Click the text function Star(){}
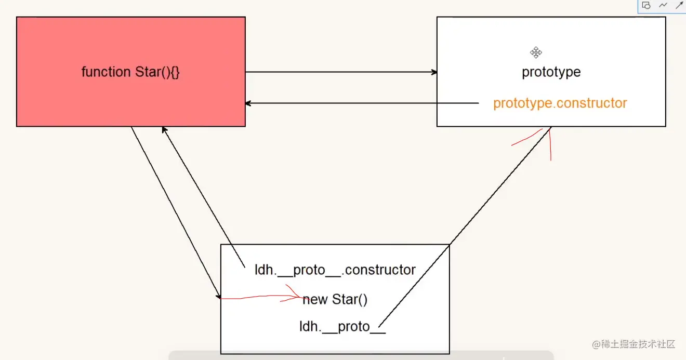(130, 72)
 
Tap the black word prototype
(551, 72)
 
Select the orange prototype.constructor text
(560, 103)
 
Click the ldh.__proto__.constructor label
(335, 270)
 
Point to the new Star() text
(335, 300)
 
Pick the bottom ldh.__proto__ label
(342, 327)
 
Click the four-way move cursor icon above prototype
(536, 52)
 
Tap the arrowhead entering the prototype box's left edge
(434, 72)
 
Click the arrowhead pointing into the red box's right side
(248, 103)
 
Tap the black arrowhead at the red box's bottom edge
(164, 129)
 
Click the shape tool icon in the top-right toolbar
(647, 5)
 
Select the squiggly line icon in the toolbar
(663, 5)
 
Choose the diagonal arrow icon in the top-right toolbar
(679, 5)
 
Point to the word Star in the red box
(147, 72)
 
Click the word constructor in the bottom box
(380, 270)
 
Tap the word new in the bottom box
(315, 300)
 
